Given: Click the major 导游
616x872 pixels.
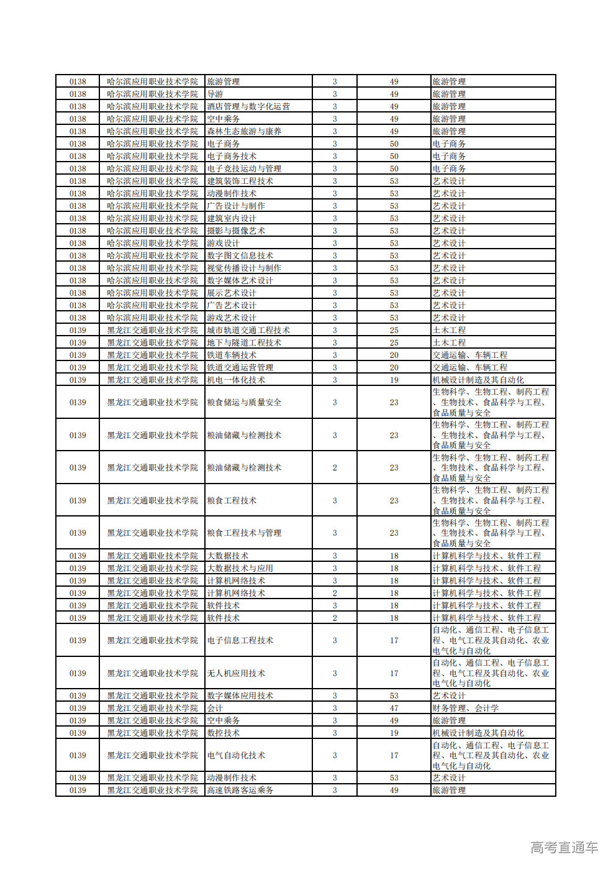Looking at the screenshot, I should pyautogui.click(x=215, y=94).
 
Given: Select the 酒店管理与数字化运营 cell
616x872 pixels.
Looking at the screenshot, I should pyautogui.click(x=248, y=106).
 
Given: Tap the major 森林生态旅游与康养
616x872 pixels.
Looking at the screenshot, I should pyautogui.click(x=244, y=131).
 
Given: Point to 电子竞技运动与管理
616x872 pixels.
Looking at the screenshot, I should pyautogui.click(x=244, y=168).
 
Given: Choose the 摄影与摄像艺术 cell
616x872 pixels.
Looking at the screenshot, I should pyautogui.click(x=236, y=231).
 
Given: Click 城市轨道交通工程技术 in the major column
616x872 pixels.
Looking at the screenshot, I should pyautogui.click(x=248, y=330).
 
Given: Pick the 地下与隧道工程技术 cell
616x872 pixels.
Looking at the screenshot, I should pyautogui.click(x=244, y=342).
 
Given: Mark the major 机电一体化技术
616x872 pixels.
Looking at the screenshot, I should pyautogui.click(x=236, y=380).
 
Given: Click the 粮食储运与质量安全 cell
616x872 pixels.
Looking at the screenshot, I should pyautogui.click(x=244, y=402).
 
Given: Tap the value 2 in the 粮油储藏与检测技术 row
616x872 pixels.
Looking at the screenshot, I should pyautogui.click(x=335, y=467).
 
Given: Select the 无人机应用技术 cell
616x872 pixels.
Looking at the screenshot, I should pyautogui.click(x=236, y=673).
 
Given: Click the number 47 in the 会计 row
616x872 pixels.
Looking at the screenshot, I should pyautogui.click(x=394, y=708).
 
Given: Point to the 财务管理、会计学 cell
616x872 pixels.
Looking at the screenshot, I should pyautogui.click(x=466, y=708).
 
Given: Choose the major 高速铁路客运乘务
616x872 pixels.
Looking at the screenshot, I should pyautogui.click(x=240, y=790).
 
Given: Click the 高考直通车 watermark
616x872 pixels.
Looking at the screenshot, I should pyautogui.click(x=564, y=847).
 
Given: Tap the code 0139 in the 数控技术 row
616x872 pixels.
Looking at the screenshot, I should pyautogui.click(x=78, y=733).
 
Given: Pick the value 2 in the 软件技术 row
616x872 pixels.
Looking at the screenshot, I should pyautogui.click(x=335, y=618).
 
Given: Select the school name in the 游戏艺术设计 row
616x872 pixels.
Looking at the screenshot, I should pyautogui.click(x=152, y=318).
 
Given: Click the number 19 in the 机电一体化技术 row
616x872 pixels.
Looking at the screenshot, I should pyautogui.click(x=394, y=380).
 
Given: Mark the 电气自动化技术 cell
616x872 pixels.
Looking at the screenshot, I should pyautogui.click(x=236, y=755).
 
